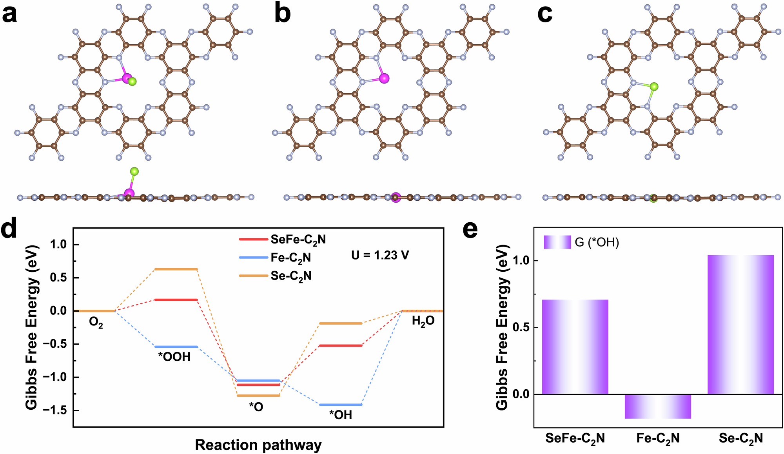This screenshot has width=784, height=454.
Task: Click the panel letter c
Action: pos(545,15)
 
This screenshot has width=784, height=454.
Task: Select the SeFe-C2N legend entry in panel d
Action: pos(298,239)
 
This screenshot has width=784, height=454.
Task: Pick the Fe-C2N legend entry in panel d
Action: pos(290,258)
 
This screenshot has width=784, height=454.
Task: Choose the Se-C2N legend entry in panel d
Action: pos(291,276)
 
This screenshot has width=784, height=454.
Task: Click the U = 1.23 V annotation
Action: pos(380,256)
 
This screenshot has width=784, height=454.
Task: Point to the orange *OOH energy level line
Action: pos(176,269)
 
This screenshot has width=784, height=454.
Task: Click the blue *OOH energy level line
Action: pos(176,347)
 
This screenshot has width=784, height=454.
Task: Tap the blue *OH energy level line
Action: pos(341,405)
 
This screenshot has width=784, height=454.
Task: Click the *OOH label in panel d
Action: pos(174,357)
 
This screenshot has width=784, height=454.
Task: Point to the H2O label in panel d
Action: pos(423,321)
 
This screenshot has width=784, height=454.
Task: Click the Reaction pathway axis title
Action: pos(258,445)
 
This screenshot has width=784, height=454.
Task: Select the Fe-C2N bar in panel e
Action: pos(658,406)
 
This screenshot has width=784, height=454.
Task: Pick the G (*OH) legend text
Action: pos(597,243)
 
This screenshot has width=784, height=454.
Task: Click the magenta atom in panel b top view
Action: pos(384,78)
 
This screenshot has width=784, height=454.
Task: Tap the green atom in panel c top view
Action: pos(653,87)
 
